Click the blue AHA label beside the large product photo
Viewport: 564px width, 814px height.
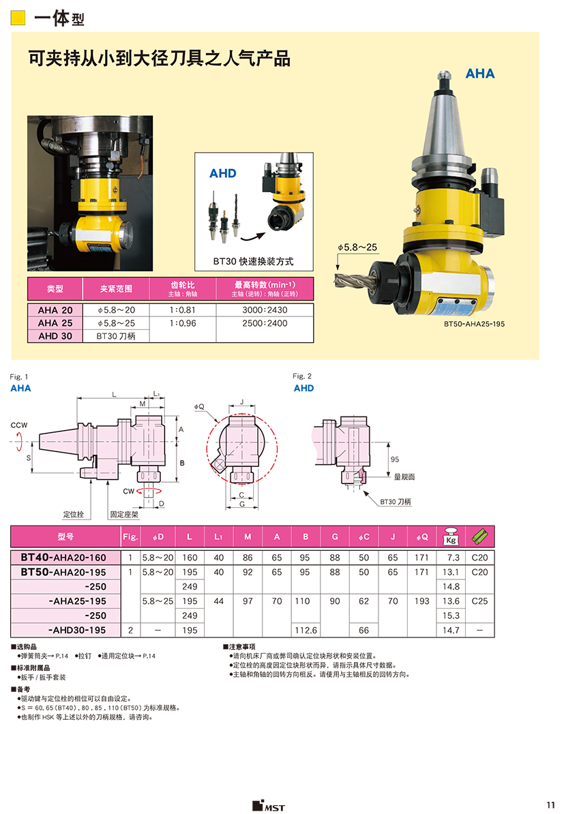(480, 74)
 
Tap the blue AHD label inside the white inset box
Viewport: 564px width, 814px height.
(223, 173)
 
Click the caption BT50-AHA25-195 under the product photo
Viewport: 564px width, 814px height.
(474, 324)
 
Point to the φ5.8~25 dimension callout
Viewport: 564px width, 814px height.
(357, 247)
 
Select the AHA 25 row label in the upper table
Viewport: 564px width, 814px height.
(55, 323)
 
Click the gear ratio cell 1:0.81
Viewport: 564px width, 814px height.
(182, 310)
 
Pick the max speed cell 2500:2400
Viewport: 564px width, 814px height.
(265, 323)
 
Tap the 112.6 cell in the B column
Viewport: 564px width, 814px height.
(306, 630)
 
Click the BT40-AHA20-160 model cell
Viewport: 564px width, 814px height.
(63, 558)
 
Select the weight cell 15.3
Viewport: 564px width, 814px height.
(451, 616)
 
